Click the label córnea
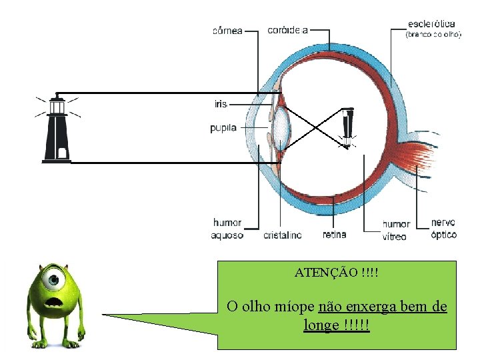coord(227,29)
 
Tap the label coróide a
coord(287,29)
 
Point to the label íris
coord(221,103)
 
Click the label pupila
coord(223,128)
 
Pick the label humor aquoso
coord(227,229)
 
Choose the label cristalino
coord(282,235)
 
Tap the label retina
coord(334,235)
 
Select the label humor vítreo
coord(396,230)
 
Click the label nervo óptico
coord(443,229)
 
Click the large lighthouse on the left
coord(57,129)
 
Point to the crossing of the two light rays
coord(317,127)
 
